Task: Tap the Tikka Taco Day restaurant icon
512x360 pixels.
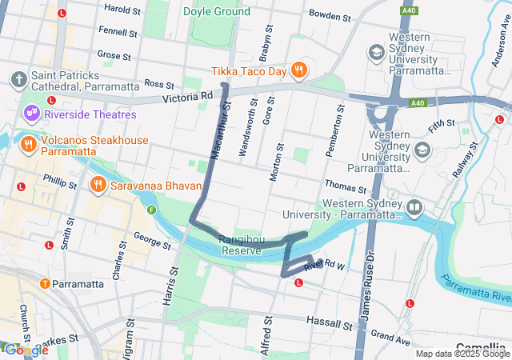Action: click(299, 70)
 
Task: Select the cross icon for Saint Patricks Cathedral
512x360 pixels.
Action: click(18, 80)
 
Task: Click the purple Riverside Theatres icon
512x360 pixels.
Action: click(31, 114)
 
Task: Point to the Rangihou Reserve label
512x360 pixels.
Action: click(241, 245)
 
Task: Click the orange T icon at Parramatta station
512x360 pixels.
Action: click(45, 284)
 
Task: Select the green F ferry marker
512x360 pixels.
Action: click(150, 210)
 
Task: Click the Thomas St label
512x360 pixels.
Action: click(346, 185)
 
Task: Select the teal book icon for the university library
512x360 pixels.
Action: click(414, 209)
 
